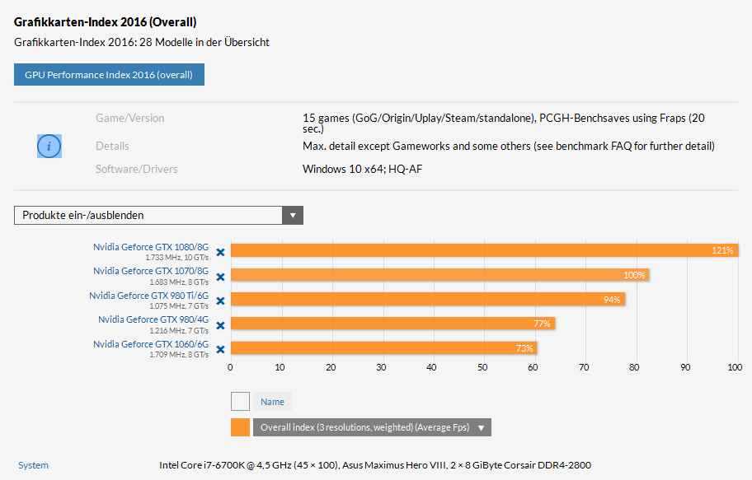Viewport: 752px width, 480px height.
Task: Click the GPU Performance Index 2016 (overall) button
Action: (x=109, y=75)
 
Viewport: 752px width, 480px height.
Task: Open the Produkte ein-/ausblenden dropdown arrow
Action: (x=293, y=216)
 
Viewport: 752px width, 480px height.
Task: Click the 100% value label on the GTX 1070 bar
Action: (x=634, y=275)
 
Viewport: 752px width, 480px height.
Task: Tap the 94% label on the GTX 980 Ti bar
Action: (x=612, y=300)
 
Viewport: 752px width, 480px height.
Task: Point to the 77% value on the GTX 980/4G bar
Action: (x=542, y=324)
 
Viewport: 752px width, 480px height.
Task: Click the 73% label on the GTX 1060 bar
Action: (x=524, y=348)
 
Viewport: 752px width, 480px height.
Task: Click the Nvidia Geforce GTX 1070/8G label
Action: (x=151, y=271)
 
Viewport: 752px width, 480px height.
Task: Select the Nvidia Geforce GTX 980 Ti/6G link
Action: (x=149, y=296)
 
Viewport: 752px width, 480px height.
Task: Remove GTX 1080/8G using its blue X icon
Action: (x=220, y=253)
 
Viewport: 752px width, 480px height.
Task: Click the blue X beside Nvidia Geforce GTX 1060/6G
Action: (x=220, y=349)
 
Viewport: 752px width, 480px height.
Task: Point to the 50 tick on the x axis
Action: (x=482, y=367)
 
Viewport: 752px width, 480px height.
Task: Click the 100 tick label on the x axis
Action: (x=735, y=367)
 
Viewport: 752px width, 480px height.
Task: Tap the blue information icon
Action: (x=49, y=146)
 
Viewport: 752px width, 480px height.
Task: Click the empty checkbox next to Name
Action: (x=240, y=402)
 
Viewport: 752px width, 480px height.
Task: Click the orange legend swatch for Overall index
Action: (x=240, y=427)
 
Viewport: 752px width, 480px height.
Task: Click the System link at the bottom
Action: (x=33, y=465)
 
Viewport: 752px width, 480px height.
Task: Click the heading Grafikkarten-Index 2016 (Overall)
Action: (x=105, y=22)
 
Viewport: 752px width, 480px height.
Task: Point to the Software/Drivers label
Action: (x=136, y=169)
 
